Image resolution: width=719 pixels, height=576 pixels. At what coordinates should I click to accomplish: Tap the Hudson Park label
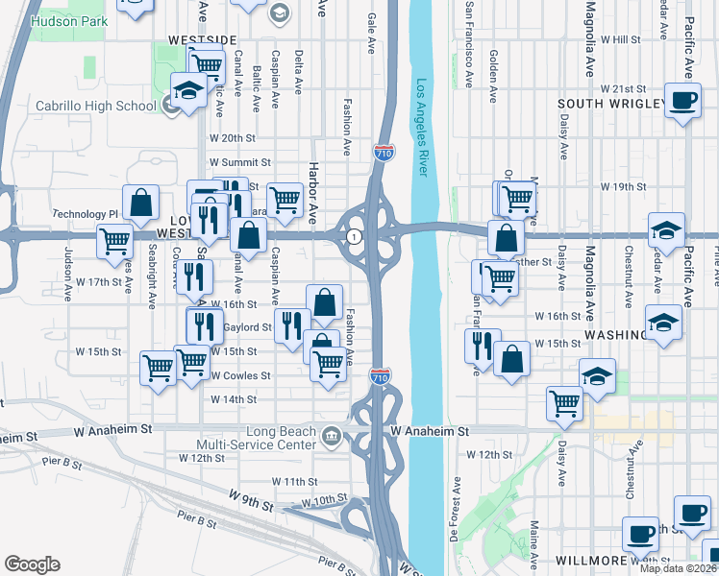click(x=63, y=19)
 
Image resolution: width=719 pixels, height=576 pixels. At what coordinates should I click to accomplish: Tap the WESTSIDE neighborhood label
click(x=202, y=39)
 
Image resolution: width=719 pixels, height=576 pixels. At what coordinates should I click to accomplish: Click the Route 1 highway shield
click(x=355, y=236)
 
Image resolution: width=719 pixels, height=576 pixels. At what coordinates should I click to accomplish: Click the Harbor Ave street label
click(x=312, y=193)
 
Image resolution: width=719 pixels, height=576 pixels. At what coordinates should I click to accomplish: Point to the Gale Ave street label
click(x=371, y=32)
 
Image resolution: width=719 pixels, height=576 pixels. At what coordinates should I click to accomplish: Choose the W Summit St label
click(x=240, y=162)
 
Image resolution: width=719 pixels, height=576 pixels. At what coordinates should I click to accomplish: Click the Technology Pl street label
click(x=85, y=214)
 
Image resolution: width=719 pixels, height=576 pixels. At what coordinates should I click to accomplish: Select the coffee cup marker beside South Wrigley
click(x=683, y=101)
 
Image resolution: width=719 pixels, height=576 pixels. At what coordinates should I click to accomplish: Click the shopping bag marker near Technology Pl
click(x=141, y=203)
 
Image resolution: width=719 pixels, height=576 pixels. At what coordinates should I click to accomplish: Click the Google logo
click(x=33, y=564)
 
